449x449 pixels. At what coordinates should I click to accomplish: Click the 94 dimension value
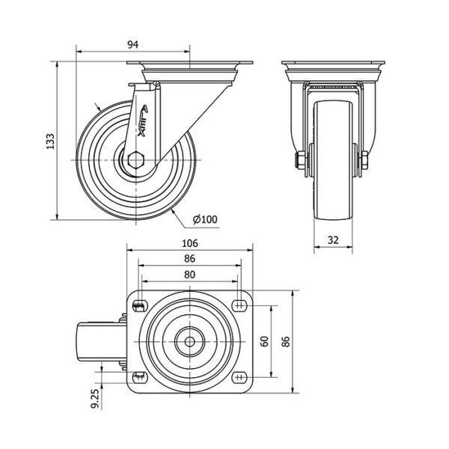tap(133, 45)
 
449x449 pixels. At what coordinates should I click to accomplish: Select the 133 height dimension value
tap(50, 141)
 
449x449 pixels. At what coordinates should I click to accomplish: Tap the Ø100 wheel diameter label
tap(205, 219)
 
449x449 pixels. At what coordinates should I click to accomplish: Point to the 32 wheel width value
tap(333, 240)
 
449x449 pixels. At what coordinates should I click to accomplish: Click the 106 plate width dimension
tap(190, 243)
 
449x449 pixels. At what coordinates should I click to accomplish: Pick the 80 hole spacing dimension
tap(189, 275)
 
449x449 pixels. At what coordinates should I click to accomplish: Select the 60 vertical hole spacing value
tap(265, 341)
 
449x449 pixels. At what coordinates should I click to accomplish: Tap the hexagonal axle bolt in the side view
tap(135, 160)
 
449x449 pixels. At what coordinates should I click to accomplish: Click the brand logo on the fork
tap(143, 120)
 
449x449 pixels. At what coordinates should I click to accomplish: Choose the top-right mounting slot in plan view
tap(239, 305)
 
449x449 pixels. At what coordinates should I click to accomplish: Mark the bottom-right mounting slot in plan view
tap(239, 377)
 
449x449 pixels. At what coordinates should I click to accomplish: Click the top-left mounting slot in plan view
tap(140, 306)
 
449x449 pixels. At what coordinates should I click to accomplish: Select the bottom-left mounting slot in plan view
tap(140, 377)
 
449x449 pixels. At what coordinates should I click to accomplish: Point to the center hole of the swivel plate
tap(189, 341)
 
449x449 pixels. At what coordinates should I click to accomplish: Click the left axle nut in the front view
tap(300, 160)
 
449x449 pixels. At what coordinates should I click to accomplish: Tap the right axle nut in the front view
tap(364, 160)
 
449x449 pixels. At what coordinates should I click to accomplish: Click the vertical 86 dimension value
tap(286, 341)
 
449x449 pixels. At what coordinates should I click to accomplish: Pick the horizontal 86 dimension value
tap(189, 259)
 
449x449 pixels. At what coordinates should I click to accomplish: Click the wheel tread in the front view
tap(333, 160)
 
